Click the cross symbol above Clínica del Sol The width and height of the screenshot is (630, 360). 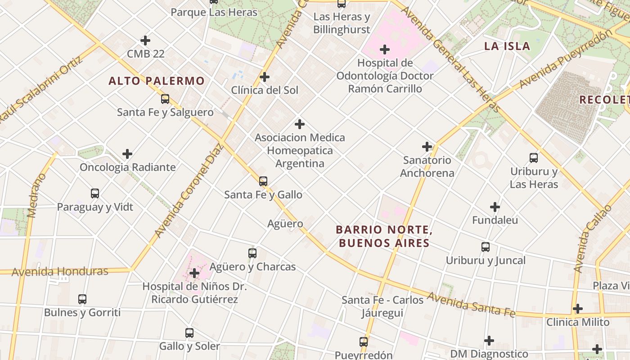(x=265, y=76)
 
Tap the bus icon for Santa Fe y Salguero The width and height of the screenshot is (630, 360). (x=165, y=99)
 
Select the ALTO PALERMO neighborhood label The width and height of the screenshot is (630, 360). (x=157, y=81)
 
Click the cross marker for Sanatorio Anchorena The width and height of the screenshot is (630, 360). (x=427, y=147)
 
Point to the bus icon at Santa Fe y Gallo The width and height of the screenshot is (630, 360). (x=263, y=181)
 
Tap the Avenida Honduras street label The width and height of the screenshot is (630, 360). (x=60, y=271)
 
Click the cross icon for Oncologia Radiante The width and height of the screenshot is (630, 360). (x=127, y=154)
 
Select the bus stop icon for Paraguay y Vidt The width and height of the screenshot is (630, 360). (x=95, y=193)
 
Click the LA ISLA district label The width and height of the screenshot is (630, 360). (x=507, y=46)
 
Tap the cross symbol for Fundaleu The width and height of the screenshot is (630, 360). (x=495, y=207)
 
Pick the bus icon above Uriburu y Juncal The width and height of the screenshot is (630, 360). (x=486, y=247)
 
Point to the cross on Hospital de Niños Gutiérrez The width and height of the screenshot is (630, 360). (x=194, y=273)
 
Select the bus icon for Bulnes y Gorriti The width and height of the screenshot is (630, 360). (x=82, y=299)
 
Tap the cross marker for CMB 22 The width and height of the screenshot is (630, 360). (x=145, y=40)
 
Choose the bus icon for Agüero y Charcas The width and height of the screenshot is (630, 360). (x=252, y=253)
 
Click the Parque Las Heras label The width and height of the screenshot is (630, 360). (x=214, y=12)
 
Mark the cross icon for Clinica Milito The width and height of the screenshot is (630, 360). (x=578, y=309)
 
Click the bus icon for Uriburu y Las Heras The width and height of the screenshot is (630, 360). (x=534, y=158)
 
